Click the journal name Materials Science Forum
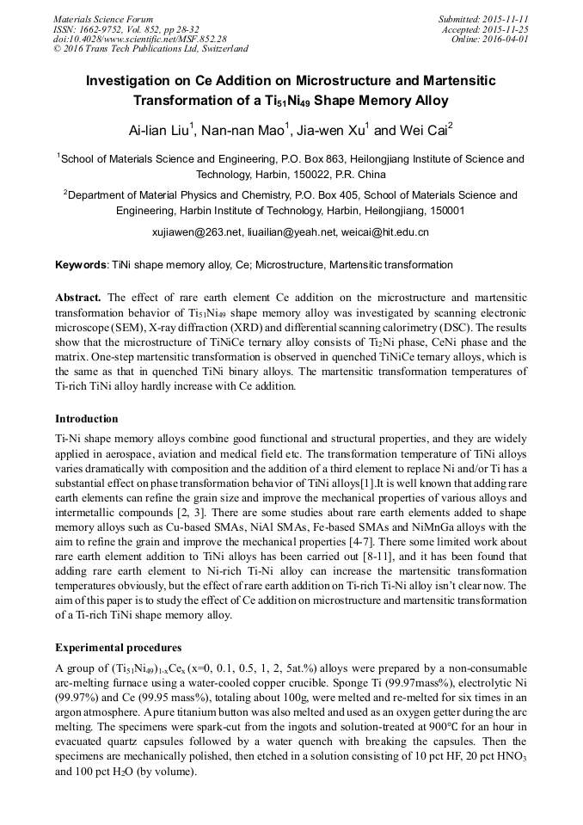103,19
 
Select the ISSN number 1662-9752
98,29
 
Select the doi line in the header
139,39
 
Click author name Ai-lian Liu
160,131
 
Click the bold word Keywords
81,265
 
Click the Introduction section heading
87,419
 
